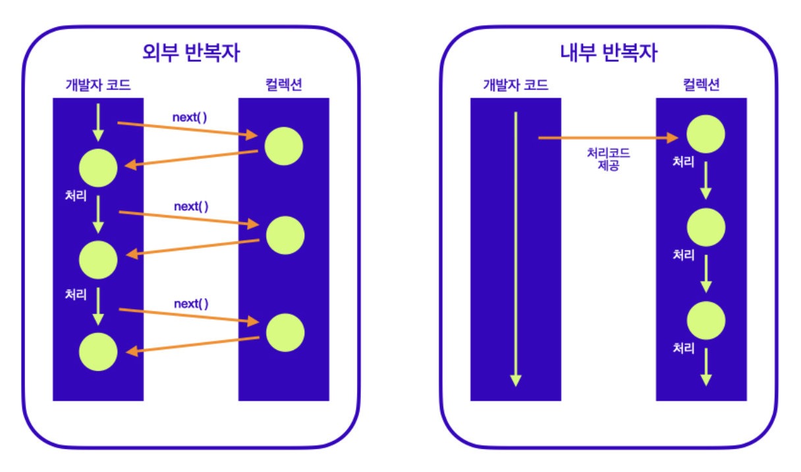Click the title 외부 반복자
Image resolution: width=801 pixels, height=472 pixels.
[190, 52]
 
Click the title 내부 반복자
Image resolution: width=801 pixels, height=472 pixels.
[608, 52]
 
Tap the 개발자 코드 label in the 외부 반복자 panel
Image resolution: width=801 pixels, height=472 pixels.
[97, 85]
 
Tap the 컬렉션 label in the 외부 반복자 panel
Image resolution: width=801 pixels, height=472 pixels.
[283, 85]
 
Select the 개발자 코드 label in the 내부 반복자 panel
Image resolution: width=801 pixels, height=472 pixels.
[515, 85]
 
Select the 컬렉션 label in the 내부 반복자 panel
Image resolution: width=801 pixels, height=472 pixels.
[701, 85]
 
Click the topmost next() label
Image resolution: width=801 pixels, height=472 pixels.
[190, 118]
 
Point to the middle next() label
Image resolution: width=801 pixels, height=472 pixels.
[191, 206]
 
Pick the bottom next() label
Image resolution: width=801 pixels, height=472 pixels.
[191, 304]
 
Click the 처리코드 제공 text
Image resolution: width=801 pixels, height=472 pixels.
[609, 158]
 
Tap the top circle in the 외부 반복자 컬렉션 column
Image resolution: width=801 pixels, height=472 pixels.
[284, 146]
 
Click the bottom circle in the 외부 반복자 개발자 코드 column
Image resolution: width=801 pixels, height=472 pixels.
[98, 352]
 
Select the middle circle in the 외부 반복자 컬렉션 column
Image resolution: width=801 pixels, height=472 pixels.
[285, 235]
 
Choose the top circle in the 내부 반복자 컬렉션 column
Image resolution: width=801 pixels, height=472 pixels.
[705, 134]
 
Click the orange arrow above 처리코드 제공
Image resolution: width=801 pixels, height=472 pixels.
[609, 138]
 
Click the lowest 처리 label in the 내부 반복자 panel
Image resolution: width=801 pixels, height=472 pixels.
[683, 348]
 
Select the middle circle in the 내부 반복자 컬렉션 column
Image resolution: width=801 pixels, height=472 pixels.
[705, 227]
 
